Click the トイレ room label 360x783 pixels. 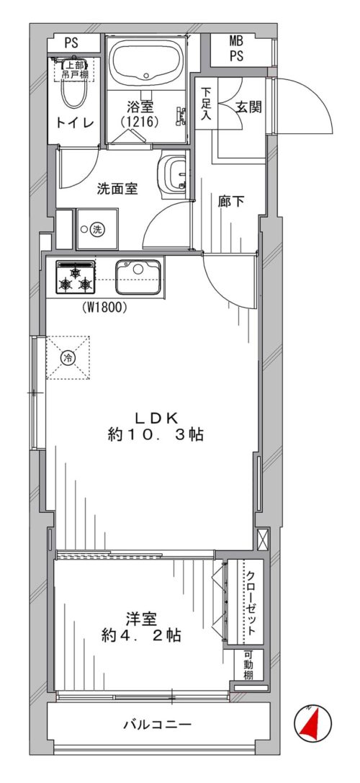pos(75,123)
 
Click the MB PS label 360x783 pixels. pos(236,49)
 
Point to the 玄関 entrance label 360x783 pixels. pos(248,107)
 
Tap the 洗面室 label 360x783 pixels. pos(118,189)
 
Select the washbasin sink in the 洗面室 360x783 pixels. pos(174,174)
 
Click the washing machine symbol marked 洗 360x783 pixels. pos(96,229)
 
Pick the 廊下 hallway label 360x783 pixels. pos(231,202)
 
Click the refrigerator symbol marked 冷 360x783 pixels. pos(69,357)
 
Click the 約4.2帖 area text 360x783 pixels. pos(140,635)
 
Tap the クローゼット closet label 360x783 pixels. pos(251,601)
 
